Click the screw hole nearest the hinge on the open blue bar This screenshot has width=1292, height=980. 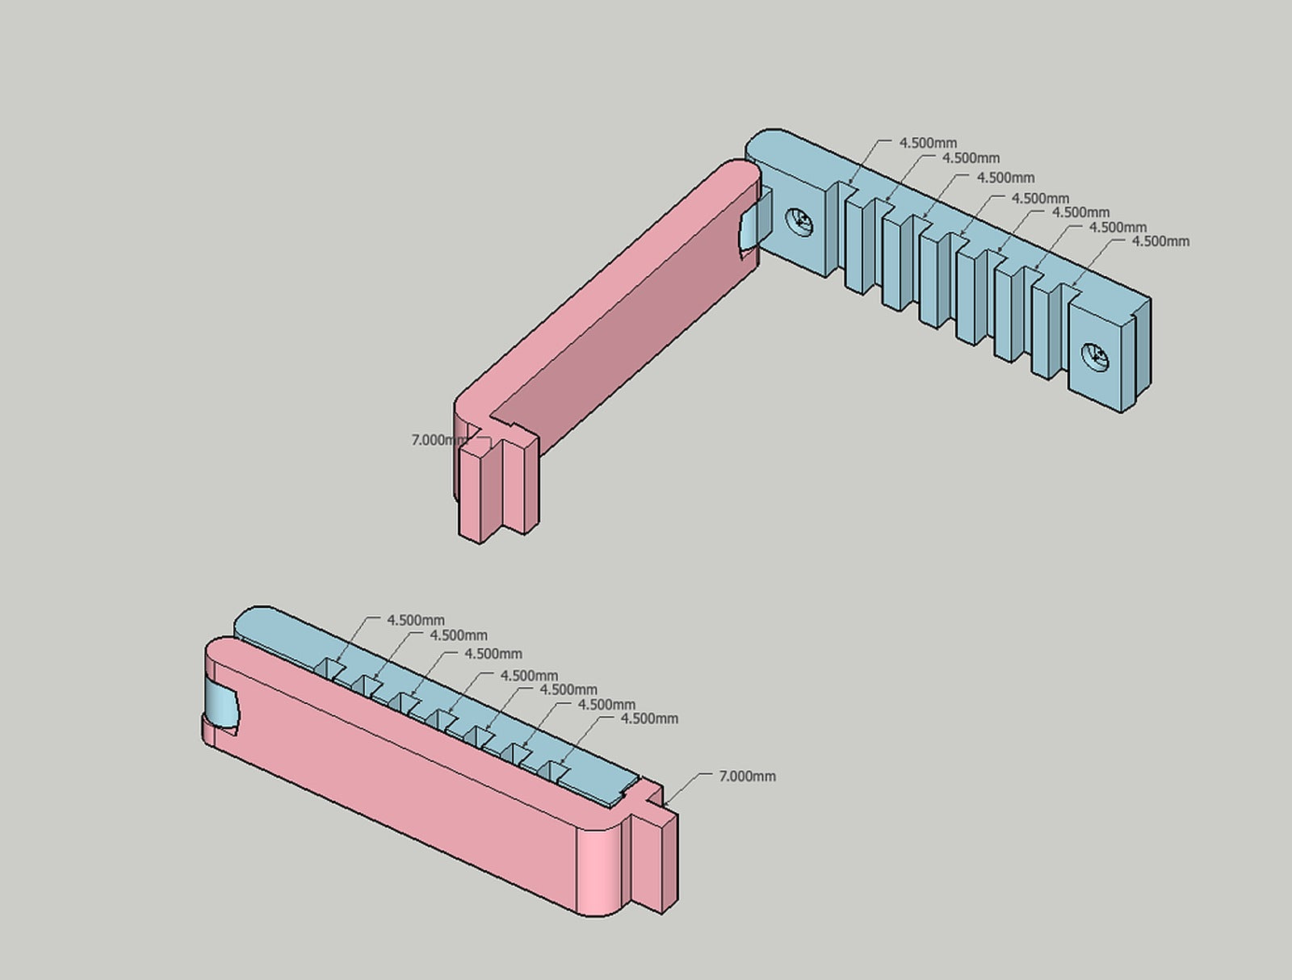(801, 220)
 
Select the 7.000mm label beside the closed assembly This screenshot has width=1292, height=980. (747, 776)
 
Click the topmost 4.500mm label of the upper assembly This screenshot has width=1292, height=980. (928, 143)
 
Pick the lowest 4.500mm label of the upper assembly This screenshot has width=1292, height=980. (1160, 241)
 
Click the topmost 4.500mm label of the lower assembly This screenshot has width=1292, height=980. (415, 620)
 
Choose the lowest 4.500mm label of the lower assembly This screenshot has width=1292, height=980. (649, 718)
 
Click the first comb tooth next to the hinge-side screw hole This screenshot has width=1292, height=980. (856, 242)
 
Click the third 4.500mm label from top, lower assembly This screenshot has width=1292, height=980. (493, 654)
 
